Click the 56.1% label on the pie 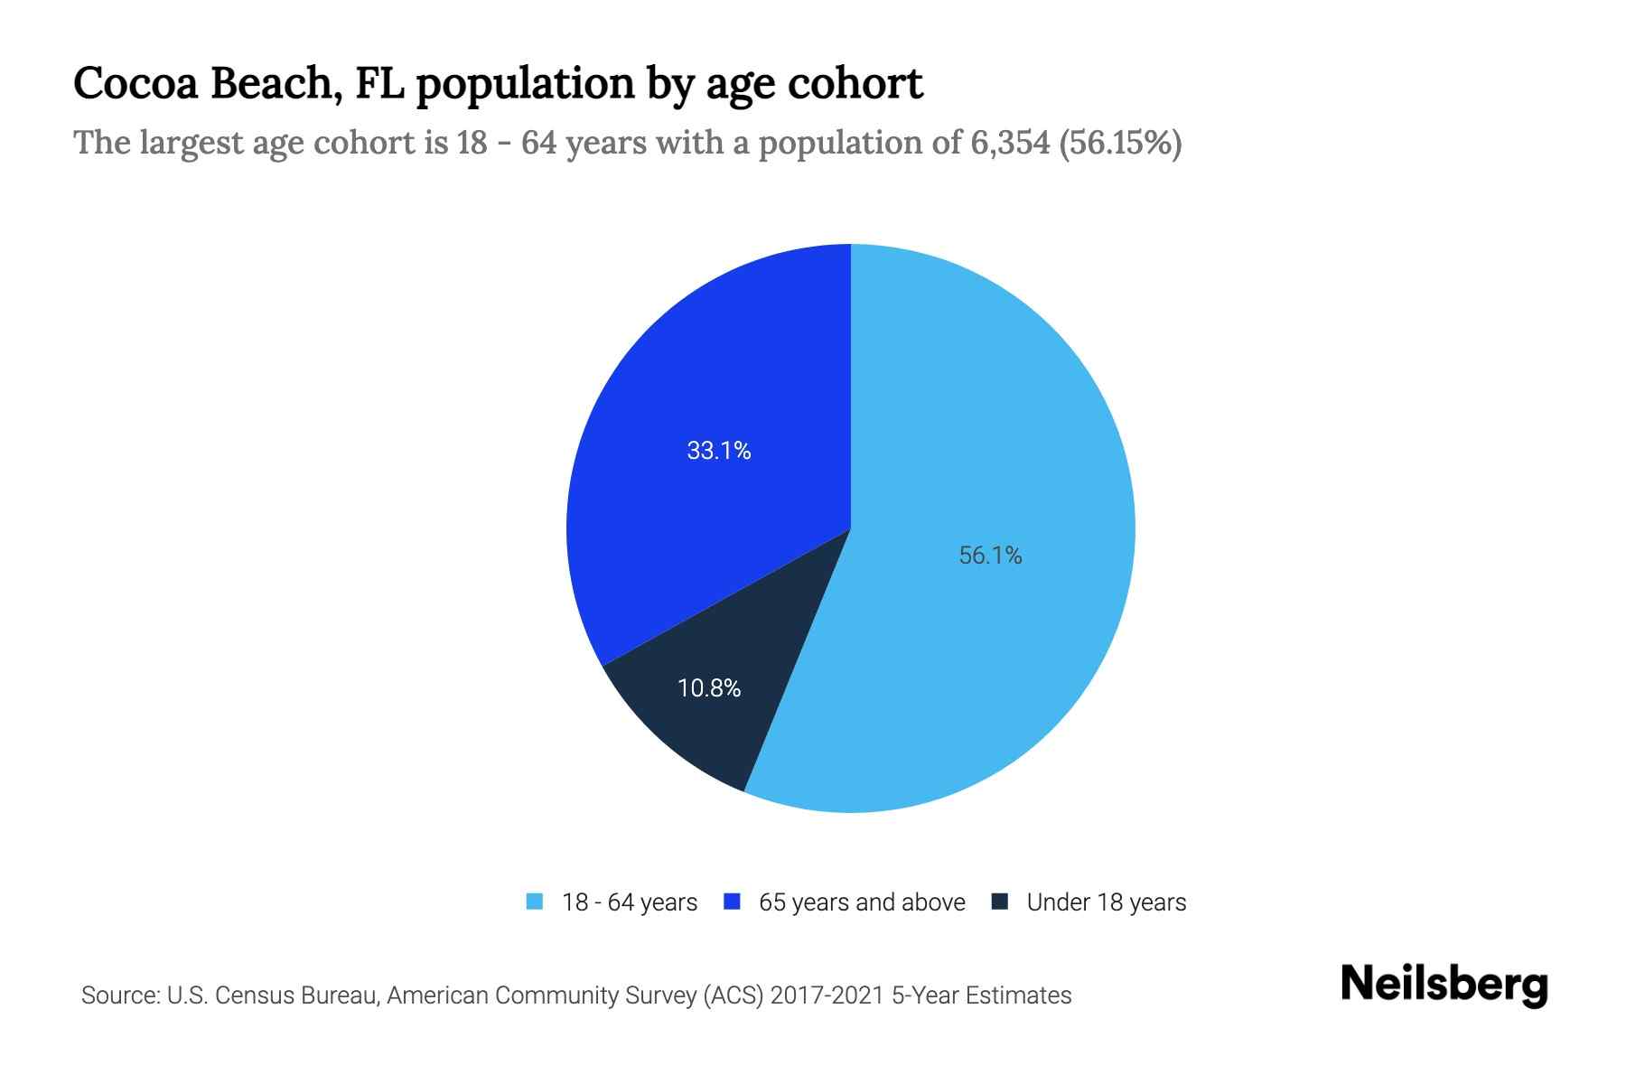(x=990, y=556)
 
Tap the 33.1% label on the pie (x=719, y=451)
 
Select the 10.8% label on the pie (x=709, y=688)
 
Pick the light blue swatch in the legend (x=535, y=902)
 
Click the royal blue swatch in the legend (x=733, y=902)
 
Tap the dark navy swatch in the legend (x=1000, y=902)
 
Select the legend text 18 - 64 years (x=630, y=902)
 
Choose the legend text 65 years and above (x=862, y=902)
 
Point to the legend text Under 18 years (x=1107, y=902)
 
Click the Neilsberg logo (x=1444, y=985)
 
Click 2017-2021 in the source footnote (x=827, y=995)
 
